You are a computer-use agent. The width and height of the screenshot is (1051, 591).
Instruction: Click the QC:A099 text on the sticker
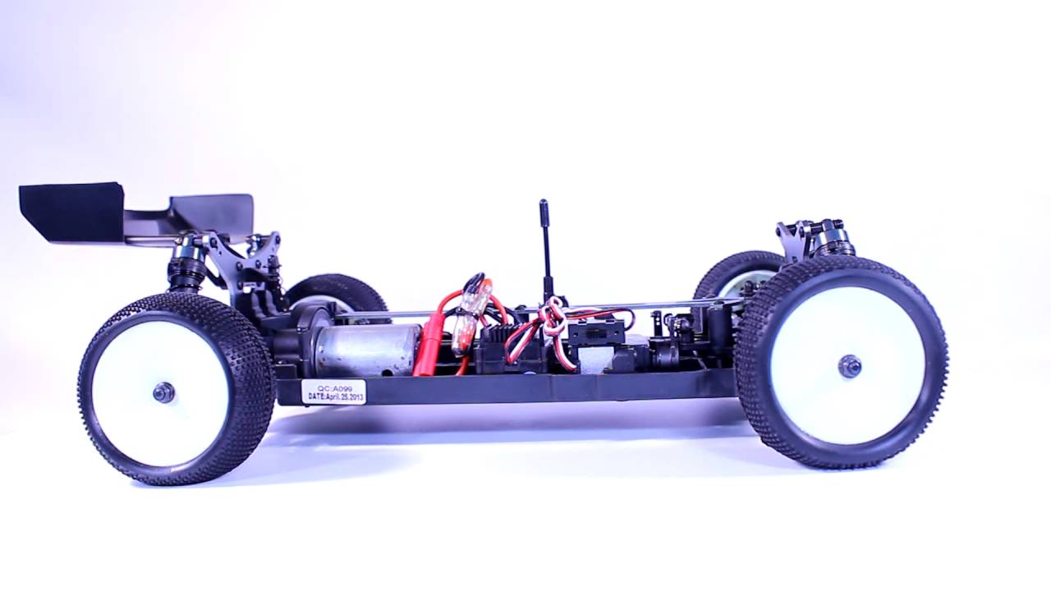tap(334, 388)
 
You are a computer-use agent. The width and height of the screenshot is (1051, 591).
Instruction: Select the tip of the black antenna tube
tap(544, 202)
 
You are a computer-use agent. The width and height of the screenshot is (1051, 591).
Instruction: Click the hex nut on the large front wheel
tap(850, 365)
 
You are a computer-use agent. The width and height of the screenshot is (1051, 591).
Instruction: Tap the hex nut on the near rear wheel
tap(163, 392)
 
